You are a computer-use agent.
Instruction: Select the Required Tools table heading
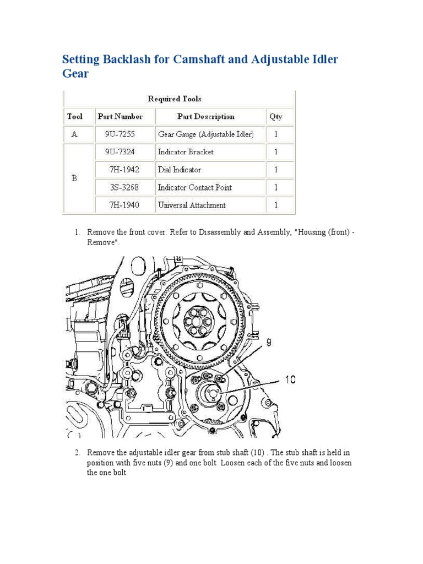pyautogui.click(x=175, y=99)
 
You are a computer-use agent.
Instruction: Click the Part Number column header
pyautogui.click(x=120, y=116)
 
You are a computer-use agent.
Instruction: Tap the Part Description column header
pyautogui.click(x=205, y=116)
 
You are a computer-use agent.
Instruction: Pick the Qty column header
pyautogui.click(x=275, y=116)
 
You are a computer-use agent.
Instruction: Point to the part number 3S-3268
pyautogui.click(x=122, y=187)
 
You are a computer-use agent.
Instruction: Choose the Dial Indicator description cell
pyautogui.click(x=180, y=170)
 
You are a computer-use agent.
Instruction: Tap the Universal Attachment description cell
pyautogui.click(x=192, y=205)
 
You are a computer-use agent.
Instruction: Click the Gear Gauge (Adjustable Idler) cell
pyautogui.click(x=205, y=134)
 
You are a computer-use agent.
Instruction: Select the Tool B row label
pyautogui.click(x=74, y=178)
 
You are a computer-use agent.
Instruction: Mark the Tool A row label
pyautogui.click(x=74, y=134)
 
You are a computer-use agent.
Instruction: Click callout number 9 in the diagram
pyautogui.click(x=269, y=343)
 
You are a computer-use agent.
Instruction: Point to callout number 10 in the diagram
pyautogui.click(x=291, y=379)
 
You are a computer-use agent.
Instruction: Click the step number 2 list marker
pyautogui.click(x=78, y=452)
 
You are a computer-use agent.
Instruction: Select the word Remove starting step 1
pyautogui.click(x=100, y=232)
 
